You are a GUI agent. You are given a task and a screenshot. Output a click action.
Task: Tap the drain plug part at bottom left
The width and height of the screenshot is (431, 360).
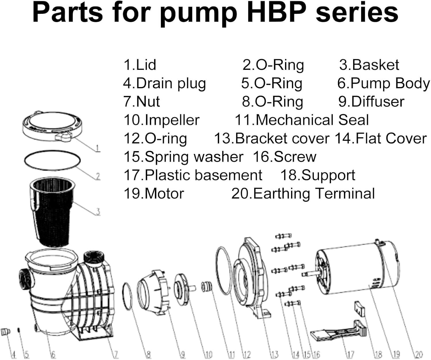click(5, 332)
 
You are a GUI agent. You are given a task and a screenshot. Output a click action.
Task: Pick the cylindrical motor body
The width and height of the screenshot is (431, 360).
click(356, 269)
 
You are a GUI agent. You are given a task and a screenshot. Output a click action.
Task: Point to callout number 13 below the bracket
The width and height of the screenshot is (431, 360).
click(274, 355)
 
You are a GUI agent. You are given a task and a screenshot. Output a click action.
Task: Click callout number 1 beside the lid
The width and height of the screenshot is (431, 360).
click(98, 148)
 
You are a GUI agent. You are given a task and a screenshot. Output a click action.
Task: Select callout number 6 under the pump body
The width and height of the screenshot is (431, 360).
click(53, 355)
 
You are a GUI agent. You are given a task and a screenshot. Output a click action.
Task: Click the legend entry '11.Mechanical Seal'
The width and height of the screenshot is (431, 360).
click(302, 120)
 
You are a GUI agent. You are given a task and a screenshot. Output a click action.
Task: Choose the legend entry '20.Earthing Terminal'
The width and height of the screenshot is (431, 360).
click(303, 194)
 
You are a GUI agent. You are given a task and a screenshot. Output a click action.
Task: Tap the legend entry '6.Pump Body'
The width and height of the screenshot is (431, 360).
click(384, 83)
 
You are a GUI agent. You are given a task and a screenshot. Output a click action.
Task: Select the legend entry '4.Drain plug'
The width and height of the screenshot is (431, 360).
click(165, 83)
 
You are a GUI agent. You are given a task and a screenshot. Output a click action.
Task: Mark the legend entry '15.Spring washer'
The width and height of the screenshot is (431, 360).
click(183, 157)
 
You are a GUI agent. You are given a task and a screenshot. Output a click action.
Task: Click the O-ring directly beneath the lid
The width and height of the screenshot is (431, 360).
click(52, 159)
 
